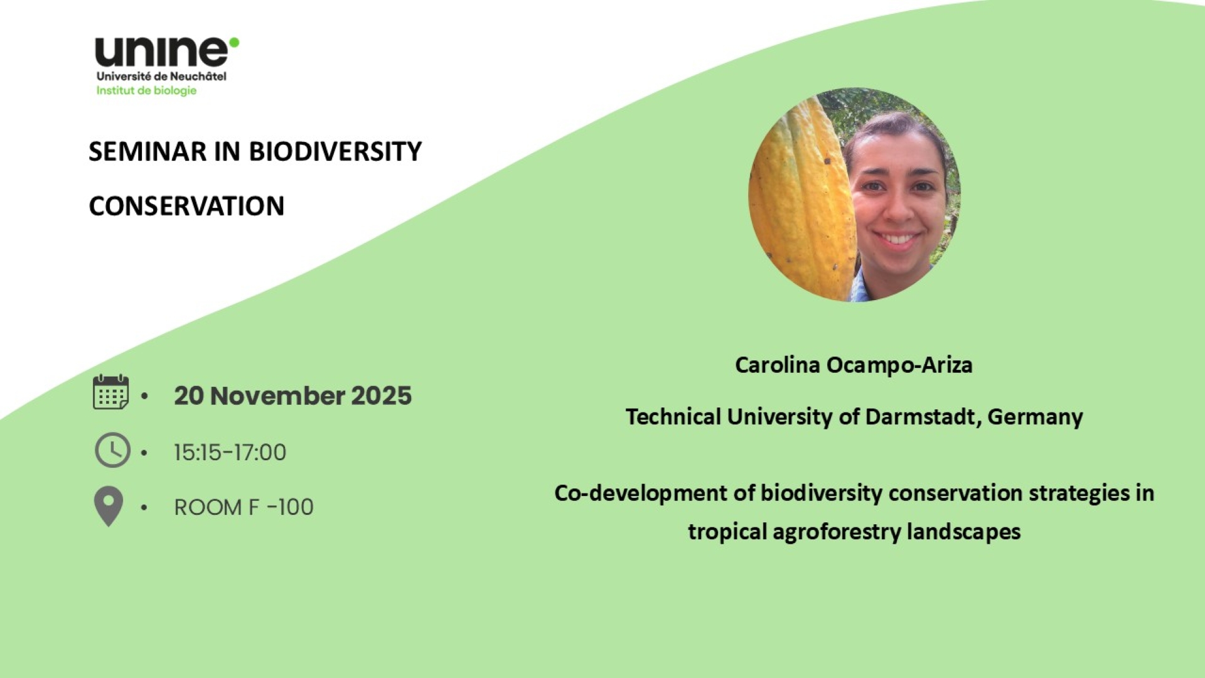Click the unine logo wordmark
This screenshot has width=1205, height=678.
tap(162, 52)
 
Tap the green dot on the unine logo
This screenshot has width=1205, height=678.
tap(234, 42)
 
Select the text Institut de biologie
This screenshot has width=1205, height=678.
tap(146, 90)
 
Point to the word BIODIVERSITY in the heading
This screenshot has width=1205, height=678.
tap(336, 151)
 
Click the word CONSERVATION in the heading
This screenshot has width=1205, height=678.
tap(186, 206)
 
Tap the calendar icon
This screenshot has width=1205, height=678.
tap(111, 392)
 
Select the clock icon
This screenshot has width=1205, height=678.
tap(112, 450)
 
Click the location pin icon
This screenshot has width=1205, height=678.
tap(109, 506)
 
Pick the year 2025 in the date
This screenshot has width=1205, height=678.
tap(381, 396)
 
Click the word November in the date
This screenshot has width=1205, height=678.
tap(277, 396)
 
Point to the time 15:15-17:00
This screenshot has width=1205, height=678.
tap(230, 453)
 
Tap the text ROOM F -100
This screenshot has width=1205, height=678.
tap(244, 507)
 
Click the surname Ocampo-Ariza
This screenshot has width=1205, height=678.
tap(899, 365)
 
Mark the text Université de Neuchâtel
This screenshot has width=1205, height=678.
tap(161, 77)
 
